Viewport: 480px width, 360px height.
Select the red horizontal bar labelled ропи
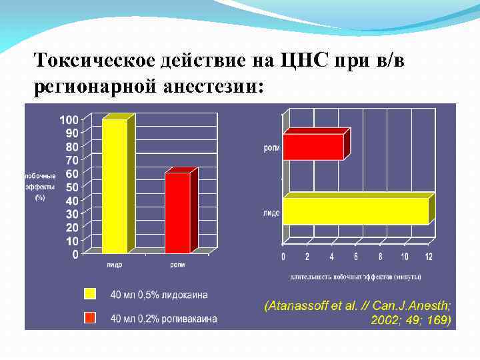coord(313,147)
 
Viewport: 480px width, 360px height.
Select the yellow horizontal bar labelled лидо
coord(355,211)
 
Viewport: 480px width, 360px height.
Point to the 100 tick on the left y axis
coord(69,119)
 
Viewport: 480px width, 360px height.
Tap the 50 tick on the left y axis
coord(72,187)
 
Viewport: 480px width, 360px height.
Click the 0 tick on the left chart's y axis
coord(75,254)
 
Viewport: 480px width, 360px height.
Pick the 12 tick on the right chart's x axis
coord(429,257)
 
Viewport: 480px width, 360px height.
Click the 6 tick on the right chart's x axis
coord(355,257)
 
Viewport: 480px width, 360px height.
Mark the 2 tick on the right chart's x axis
coord(307,257)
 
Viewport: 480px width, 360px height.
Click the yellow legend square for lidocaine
coord(90,294)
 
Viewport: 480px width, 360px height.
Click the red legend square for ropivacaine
coord(90,318)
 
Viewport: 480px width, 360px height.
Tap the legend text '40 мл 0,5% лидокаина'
coord(159,295)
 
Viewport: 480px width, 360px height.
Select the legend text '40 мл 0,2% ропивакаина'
coord(164,319)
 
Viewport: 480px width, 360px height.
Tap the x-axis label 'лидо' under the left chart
coord(114,265)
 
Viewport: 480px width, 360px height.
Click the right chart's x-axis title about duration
coord(355,276)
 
